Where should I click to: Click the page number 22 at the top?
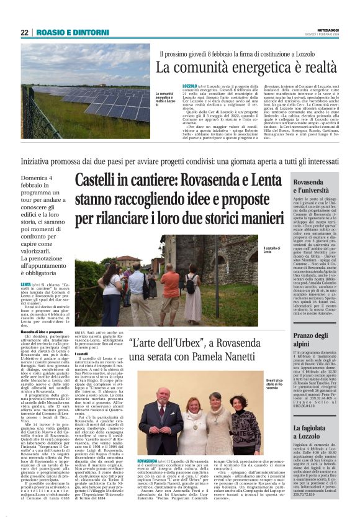tap(24, 32)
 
